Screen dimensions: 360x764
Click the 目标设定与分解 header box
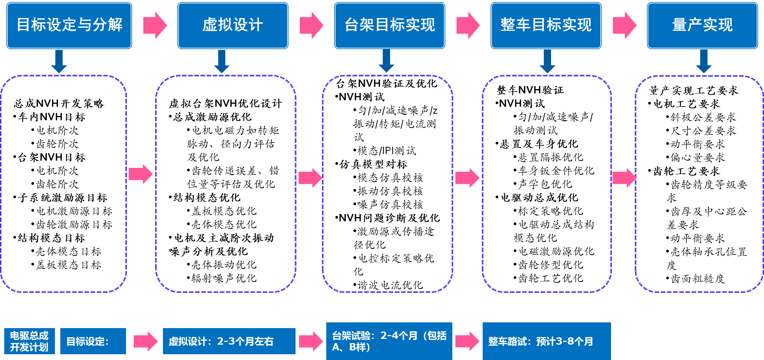69,25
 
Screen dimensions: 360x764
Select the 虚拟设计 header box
233,25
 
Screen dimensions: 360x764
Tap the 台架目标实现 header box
390,25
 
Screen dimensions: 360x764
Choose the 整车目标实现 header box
546,25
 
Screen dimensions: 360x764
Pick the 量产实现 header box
703,25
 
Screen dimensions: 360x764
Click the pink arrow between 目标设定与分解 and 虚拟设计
155,25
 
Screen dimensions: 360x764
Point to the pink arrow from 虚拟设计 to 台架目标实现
311,25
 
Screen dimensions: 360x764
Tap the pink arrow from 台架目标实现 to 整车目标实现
468,25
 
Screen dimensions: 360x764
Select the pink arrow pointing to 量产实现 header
624,25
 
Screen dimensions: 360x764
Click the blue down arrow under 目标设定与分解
59,61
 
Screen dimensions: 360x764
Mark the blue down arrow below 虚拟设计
222,61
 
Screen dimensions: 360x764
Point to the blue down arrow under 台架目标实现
386,61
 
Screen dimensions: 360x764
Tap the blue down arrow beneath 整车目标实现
547,61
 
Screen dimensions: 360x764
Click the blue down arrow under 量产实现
704,61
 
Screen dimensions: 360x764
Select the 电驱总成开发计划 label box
30,341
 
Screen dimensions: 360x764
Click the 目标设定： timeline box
93,341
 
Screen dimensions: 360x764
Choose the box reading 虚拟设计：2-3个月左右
229,341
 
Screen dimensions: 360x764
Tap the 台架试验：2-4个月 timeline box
389,341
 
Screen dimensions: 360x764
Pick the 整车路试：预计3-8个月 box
546,341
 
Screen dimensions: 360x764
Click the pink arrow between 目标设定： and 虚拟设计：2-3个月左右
145,341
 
